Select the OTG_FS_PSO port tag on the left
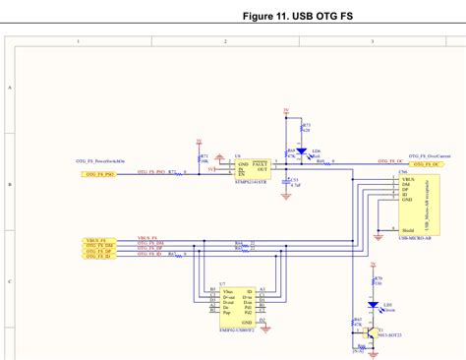pos(97,173)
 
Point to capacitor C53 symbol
pos(286,181)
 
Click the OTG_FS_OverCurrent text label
pos(429,155)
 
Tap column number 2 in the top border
pos(225,41)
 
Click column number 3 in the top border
pos(373,41)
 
